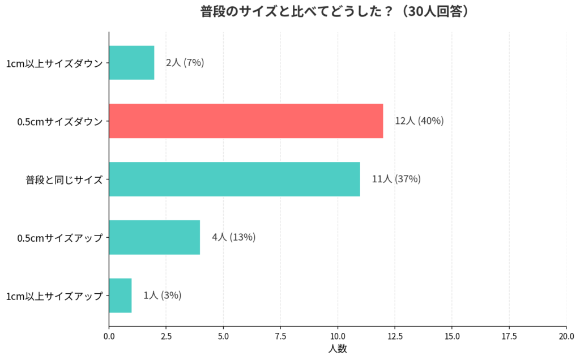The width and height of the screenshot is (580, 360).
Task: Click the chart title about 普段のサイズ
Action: [336, 12]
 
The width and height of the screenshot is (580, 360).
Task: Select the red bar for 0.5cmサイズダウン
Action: [246, 121]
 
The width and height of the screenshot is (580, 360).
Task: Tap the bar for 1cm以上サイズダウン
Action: [131, 63]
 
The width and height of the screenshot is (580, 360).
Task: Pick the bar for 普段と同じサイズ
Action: [234, 179]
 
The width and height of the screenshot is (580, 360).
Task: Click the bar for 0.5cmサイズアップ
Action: [154, 237]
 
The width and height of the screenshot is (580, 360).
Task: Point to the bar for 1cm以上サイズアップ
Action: [120, 295]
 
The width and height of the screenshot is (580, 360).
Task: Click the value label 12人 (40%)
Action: [419, 121]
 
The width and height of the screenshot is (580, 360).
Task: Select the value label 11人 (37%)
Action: [396, 179]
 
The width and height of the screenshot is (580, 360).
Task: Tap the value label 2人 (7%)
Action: [185, 63]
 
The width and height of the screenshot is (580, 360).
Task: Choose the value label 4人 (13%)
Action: [233, 237]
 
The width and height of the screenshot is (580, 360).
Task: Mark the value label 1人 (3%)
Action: [162, 295]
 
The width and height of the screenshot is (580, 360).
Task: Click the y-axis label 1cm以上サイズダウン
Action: [54, 63]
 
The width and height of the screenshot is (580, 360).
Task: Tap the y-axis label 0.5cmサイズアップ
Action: [60, 238]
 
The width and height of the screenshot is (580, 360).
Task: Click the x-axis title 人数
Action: [338, 349]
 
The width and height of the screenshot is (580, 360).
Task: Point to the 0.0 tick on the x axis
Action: [109, 336]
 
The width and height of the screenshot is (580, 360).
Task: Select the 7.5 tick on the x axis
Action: [280, 336]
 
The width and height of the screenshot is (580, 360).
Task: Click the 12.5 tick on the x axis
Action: [395, 336]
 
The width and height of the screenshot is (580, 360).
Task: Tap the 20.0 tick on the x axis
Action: [566, 336]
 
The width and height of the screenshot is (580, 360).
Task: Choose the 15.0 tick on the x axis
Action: [452, 336]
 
